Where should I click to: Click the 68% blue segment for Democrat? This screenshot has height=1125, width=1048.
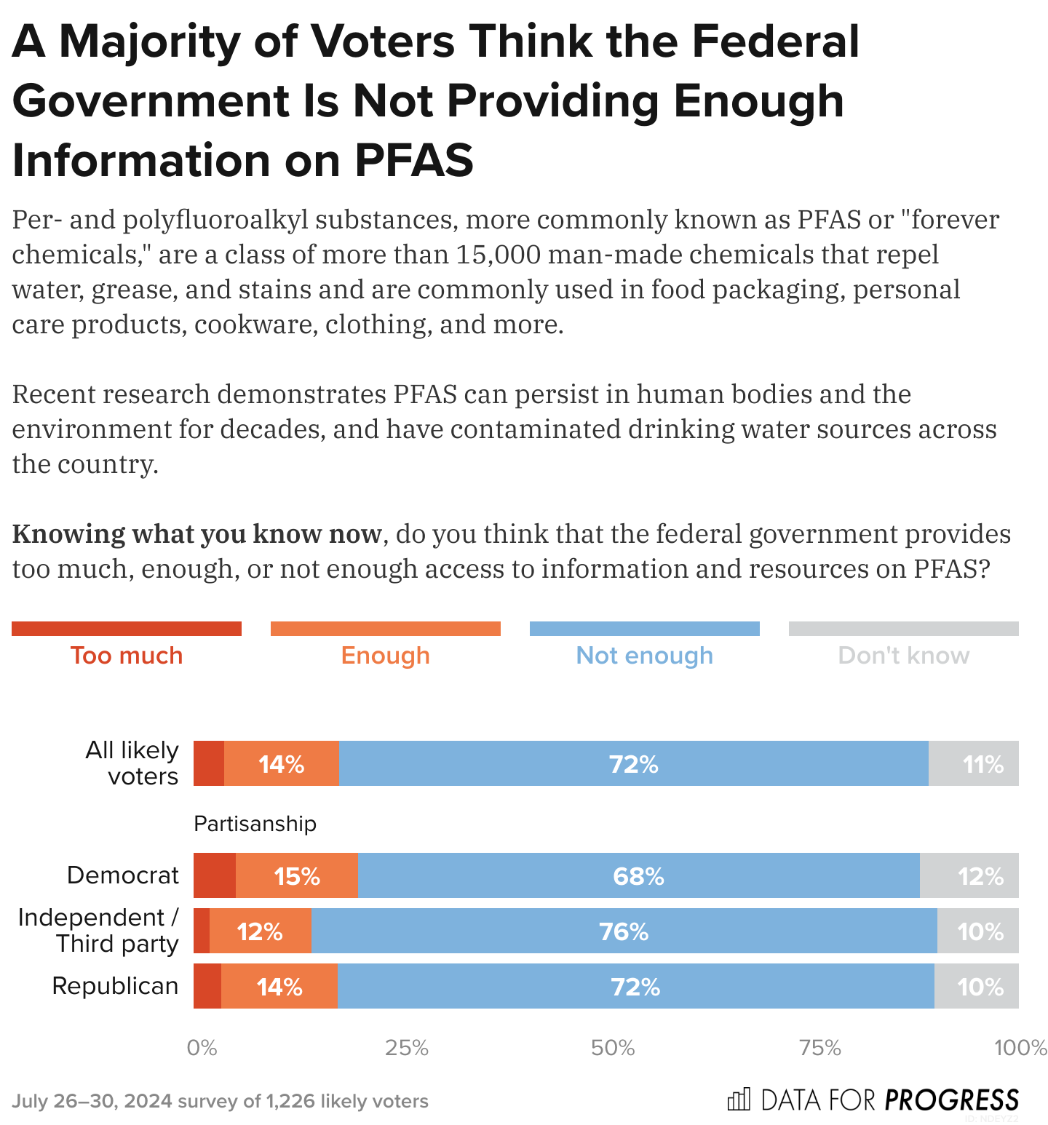[638, 875]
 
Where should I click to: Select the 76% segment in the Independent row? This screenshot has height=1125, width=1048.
[624, 931]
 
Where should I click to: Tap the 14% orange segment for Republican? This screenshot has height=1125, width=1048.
[279, 986]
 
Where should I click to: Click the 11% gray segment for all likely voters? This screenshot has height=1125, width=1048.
[974, 763]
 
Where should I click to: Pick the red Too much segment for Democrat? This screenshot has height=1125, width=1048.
[215, 875]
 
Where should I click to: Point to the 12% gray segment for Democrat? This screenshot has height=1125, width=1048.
[970, 875]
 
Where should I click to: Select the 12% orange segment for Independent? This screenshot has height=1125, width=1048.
[260, 931]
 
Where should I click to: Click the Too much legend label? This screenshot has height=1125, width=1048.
[127, 656]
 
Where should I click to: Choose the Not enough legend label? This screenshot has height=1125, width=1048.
[644, 656]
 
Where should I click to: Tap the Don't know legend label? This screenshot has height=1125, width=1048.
[903, 656]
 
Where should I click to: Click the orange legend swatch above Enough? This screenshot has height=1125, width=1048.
[385, 629]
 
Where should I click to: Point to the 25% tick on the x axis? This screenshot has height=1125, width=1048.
[407, 1048]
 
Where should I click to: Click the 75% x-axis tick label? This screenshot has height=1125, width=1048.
[819, 1048]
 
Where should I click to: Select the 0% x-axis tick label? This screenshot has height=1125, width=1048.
[202, 1048]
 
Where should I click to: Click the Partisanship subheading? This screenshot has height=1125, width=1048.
[255, 824]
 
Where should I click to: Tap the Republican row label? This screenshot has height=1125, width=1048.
[115, 986]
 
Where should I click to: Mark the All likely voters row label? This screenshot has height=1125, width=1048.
[132, 763]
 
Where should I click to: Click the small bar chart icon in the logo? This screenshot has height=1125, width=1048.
[738, 1100]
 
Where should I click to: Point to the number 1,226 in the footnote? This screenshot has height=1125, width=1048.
[290, 1101]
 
